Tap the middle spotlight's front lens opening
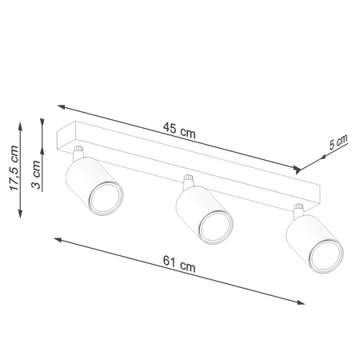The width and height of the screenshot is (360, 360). pos(215,229)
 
